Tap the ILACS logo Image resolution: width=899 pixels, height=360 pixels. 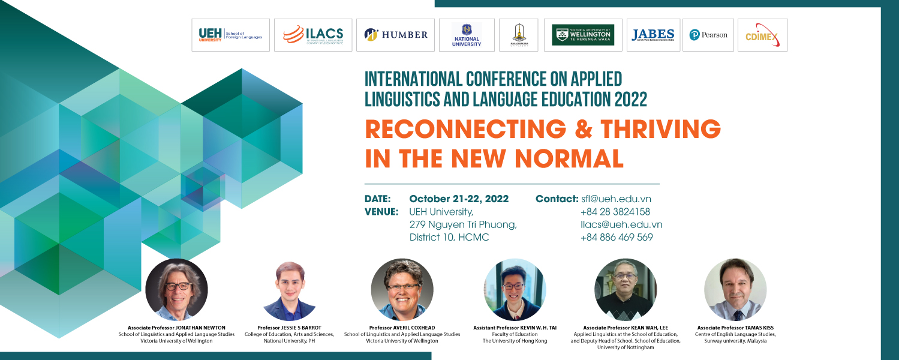click(312, 35)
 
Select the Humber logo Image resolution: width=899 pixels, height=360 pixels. click(396, 35)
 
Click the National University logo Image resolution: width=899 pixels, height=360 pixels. click(467, 35)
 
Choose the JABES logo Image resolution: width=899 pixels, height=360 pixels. click(653, 35)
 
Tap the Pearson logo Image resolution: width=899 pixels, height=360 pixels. click(708, 35)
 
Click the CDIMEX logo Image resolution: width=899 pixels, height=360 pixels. click(761, 36)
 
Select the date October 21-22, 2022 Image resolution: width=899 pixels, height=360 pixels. click(459, 199)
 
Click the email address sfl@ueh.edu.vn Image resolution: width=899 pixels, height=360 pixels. click(616, 199)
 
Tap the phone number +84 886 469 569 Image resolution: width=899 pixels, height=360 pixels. click(617, 237)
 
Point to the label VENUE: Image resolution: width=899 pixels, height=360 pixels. click(381, 212)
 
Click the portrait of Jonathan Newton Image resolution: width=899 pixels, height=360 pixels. click(176, 289)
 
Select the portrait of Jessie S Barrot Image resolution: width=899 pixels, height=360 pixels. click(289, 290)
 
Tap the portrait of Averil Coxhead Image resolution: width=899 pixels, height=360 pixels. click(402, 289)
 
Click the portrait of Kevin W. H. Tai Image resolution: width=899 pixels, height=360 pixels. click(515, 289)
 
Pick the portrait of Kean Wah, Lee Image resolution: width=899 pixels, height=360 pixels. click(626, 289)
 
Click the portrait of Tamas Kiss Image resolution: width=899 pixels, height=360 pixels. click(735, 289)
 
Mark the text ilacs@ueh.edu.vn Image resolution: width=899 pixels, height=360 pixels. click(621, 224)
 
